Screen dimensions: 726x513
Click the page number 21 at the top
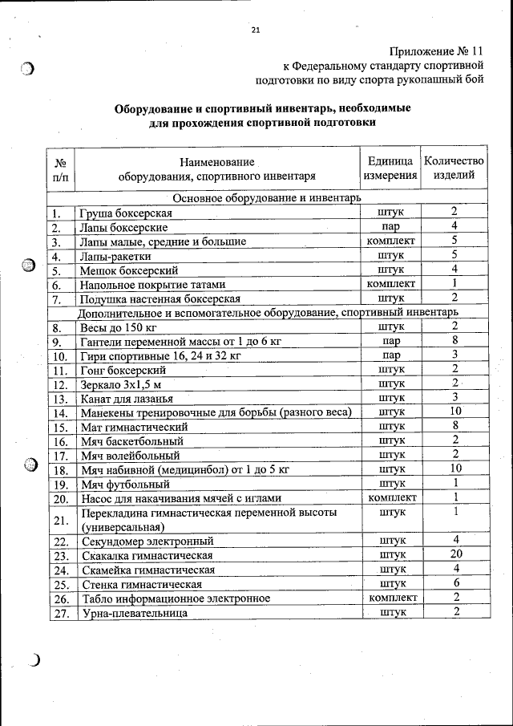coord(256,30)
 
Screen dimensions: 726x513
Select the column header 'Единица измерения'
coord(390,168)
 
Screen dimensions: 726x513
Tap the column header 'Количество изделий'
coord(454,168)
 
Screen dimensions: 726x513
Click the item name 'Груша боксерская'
coord(127,213)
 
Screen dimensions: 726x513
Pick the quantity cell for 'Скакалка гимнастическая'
coord(454,554)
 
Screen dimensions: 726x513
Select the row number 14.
coord(59,412)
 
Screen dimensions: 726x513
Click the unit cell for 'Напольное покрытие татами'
coord(390,284)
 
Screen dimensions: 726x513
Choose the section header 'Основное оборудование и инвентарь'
coord(266,197)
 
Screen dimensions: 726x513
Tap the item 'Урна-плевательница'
coord(133,614)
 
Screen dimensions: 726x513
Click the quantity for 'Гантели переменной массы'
coord(454,341)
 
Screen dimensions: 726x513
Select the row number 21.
coord(59,520)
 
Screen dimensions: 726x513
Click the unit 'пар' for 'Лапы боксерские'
coord(390,226)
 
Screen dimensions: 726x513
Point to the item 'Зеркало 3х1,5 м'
coord(121,384)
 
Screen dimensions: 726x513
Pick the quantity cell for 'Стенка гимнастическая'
coord(454,583)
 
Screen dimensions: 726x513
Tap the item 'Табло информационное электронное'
coord(176,598)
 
